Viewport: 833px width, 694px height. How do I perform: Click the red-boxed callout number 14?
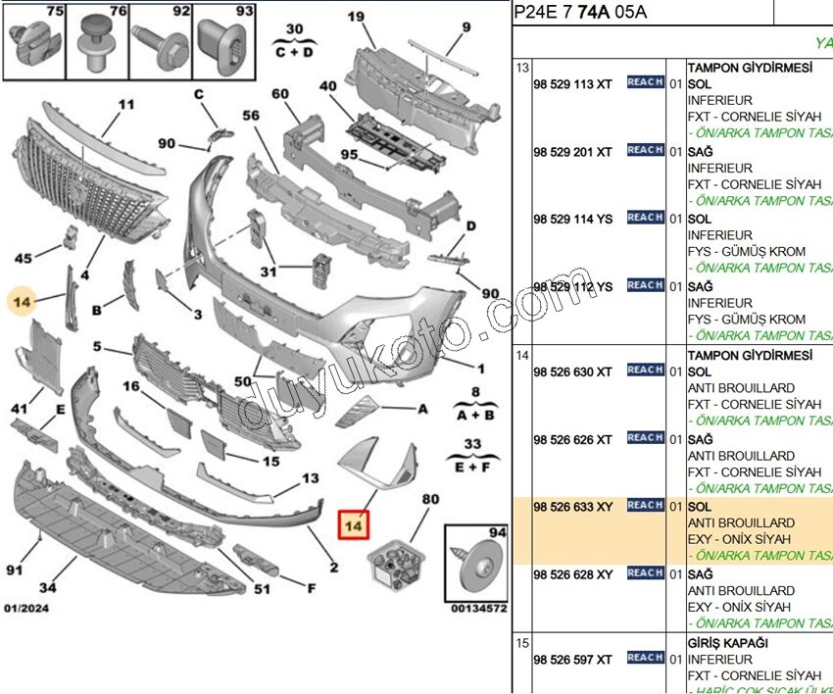[353, 524]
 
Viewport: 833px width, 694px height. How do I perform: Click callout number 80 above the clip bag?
[430, 499]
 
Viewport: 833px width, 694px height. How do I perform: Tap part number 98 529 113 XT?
[572, 84]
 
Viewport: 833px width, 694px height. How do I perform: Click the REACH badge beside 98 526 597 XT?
[645, 658]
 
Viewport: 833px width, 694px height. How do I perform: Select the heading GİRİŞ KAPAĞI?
[727, 643]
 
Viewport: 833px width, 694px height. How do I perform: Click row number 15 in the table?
[522, 643]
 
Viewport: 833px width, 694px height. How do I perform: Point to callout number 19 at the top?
[356, 16]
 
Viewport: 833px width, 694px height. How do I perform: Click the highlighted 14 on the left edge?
[23, 301]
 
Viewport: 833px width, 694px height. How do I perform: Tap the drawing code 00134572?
[479, 609]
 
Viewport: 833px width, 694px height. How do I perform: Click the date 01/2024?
[26, 609]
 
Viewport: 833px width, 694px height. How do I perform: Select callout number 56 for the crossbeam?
[251, 115]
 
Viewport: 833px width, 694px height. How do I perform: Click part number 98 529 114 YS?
[573, 220]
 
